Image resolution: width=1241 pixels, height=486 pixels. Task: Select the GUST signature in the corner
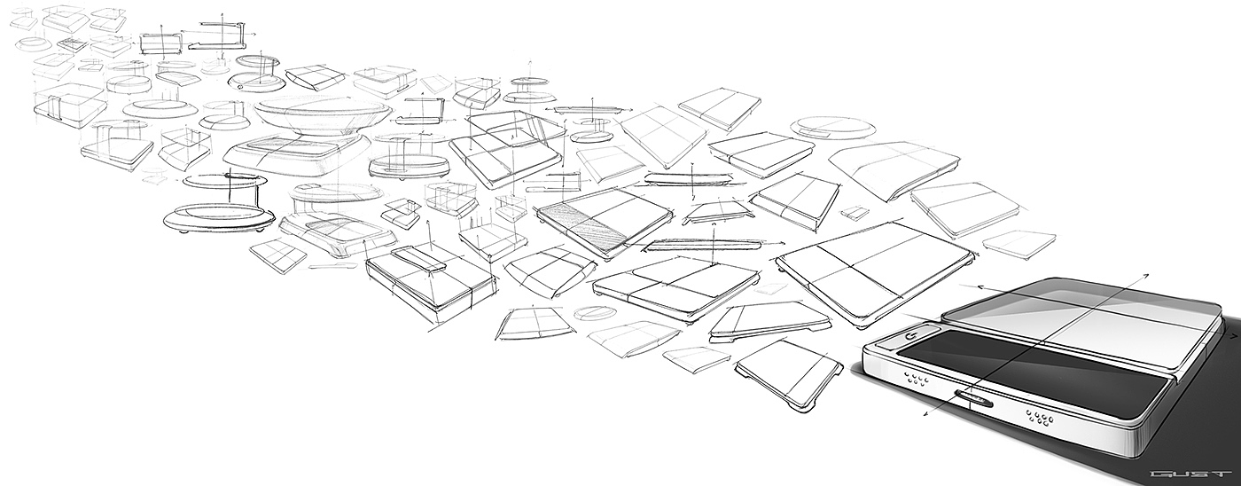tap(1193, 474)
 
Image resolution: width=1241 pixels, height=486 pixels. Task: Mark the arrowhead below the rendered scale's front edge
tap(925, 414)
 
